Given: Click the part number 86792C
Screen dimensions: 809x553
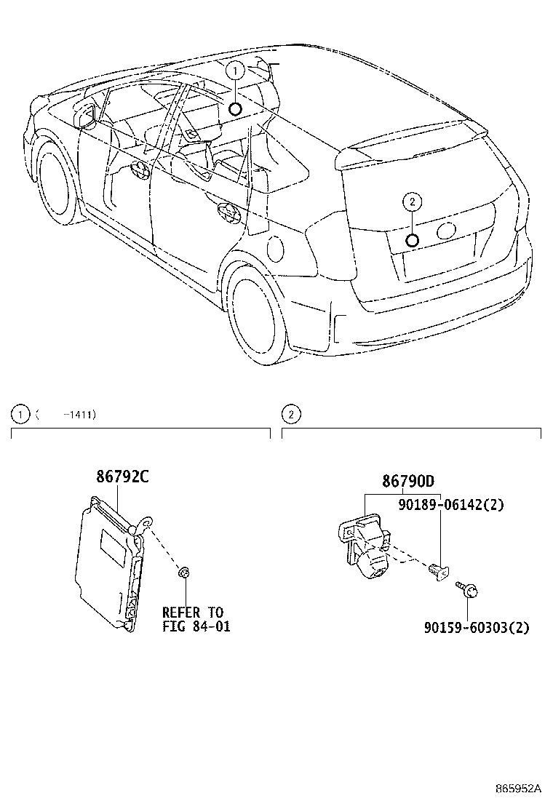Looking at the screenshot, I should click(x=122, y=477).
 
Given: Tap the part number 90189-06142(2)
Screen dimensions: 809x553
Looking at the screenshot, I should click(x=451, y=505).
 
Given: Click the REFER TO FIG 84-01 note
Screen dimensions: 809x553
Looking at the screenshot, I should click(x=196, y=619).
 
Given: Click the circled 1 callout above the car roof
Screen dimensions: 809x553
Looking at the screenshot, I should click(x=234, y=71).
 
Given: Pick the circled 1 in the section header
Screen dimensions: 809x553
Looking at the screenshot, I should click(x=17, y=415).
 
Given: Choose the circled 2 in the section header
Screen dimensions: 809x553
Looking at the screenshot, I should click(x=290, y=415).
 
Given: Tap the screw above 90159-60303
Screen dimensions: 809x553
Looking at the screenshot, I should click(x=464, y=587).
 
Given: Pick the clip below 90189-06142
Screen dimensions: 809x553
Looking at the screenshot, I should click(x=437, y=572).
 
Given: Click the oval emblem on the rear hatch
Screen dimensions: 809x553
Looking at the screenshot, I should click(x=445, y=231).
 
